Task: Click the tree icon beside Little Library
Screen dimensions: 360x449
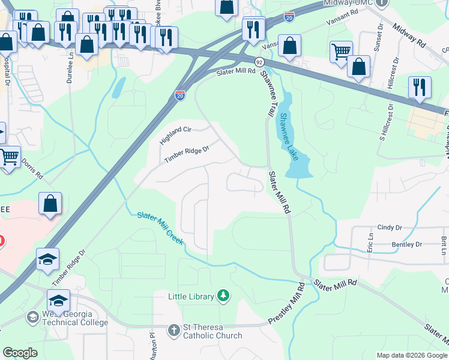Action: [223, 295]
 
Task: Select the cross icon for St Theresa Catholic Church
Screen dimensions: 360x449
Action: [173, 330]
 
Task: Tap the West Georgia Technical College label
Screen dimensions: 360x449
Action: [67, 319]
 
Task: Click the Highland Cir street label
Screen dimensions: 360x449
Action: [175, 136]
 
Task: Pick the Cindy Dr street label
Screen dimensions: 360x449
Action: [389, 227]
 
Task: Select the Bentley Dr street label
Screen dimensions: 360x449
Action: [406, 244]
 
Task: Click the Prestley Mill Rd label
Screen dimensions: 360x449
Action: [287, 304]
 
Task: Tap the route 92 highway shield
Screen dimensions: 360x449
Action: [259, 62]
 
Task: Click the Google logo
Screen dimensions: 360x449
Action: [20, 353]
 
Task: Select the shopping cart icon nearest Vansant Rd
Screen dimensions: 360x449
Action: [340, 52]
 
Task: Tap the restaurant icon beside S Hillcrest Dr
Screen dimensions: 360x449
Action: [420, 87]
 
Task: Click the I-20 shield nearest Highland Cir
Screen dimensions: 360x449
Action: [180, 95]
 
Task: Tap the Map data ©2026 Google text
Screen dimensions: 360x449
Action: [411, 355]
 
